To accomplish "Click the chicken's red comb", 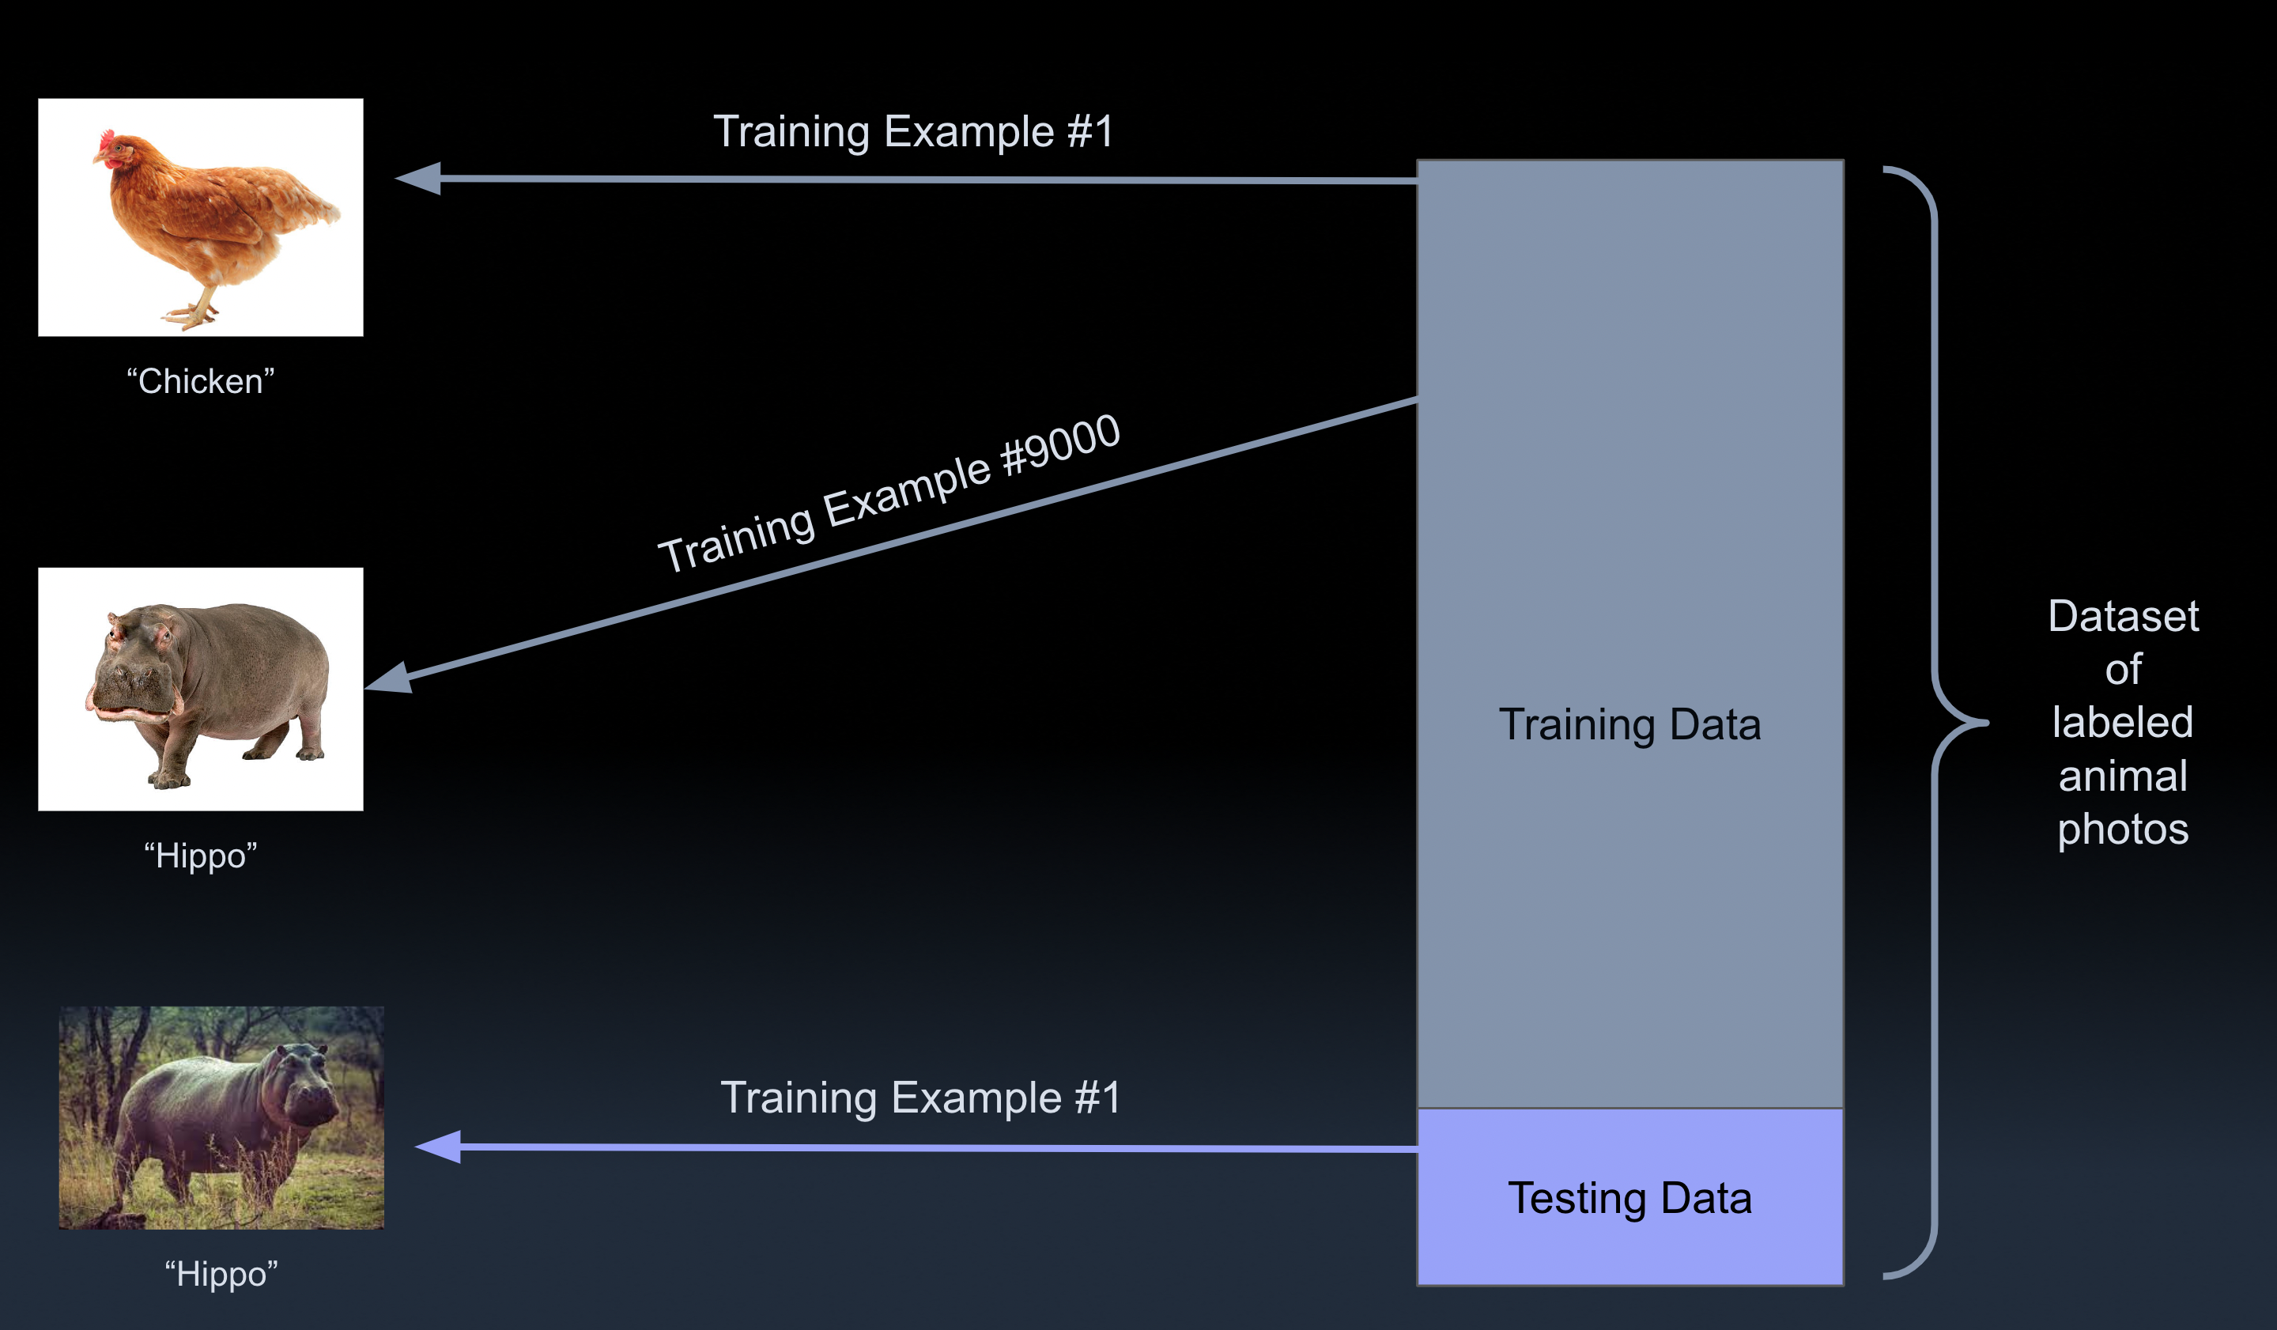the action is point(107,140).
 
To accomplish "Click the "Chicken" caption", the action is point(201,381).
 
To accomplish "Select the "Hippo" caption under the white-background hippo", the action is point(201,856).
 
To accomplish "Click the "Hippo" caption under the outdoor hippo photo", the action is point(221,1274).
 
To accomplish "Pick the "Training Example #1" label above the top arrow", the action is point(913,132).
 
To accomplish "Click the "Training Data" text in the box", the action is point(1630,724).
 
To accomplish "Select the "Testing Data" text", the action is point(1630,1199).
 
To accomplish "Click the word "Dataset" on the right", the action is point(2124,616).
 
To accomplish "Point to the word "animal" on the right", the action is point(2124,776).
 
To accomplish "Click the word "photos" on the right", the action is point(2124,829).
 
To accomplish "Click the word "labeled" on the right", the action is point(2124,723).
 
